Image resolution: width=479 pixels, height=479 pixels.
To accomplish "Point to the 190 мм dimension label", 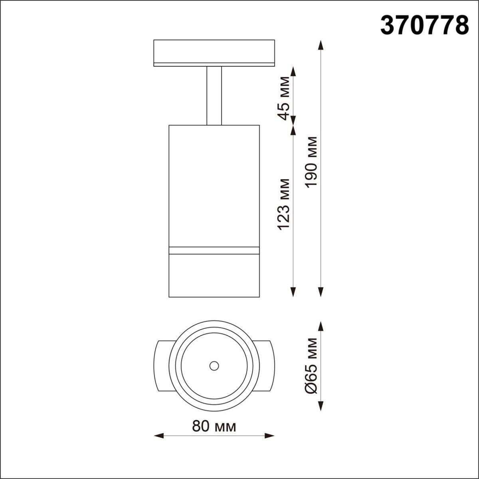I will tap(311, 162).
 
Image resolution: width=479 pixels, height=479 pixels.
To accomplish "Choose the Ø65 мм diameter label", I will tap(311, 366).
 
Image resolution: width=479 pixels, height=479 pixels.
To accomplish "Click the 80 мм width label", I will tap(214, 426).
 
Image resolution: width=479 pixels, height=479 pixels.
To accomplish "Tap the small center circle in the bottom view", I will tap(214, 365).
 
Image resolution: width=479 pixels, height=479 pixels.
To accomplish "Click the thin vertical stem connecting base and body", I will tap(214, 96).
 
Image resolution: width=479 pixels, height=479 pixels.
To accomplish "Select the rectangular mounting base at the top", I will tap(214, 52).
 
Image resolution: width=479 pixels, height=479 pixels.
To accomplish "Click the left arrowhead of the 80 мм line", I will tap(158, 435).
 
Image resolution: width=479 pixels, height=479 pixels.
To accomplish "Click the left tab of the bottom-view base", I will tap(163, 366).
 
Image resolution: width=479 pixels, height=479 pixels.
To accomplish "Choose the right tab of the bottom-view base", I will tap(266, 366).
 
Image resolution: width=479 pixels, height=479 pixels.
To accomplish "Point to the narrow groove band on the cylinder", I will tap(214, 251).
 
